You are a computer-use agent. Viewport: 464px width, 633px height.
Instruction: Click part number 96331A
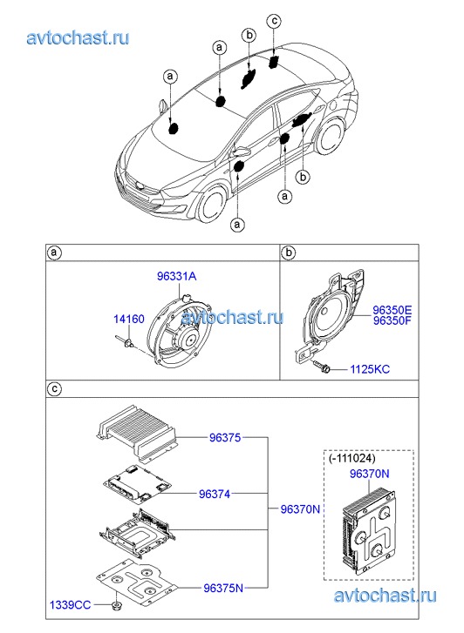pos(177,277)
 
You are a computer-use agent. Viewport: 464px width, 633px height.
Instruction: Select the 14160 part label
pos(128,319)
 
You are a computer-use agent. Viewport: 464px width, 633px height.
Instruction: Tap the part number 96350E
pos(392,310)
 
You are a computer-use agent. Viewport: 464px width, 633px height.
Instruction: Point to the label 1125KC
pos(370,369)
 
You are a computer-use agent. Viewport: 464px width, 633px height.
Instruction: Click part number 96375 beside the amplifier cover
pos(225,437)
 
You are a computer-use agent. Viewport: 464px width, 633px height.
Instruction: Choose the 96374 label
pos(215,494)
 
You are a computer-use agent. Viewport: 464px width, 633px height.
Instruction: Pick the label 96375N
pos(223,589)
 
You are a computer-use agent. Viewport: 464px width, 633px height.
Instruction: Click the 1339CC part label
pos(70,605)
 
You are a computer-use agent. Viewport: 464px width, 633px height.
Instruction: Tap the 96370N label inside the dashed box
pos(369,474)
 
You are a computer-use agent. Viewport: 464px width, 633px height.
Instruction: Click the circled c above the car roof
pos(274,21)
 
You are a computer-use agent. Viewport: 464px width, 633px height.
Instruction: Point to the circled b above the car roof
pos(249,35)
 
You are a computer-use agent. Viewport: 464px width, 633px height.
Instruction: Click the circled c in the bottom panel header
pos(55,388)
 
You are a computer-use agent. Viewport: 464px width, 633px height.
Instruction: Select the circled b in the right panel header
pos(289,253)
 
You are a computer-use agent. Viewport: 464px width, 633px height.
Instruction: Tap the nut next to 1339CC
pos(117,605)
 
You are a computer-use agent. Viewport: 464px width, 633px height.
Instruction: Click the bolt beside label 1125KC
pos(322,366)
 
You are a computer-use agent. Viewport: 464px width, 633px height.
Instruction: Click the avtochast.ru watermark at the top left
pos(78,37)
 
